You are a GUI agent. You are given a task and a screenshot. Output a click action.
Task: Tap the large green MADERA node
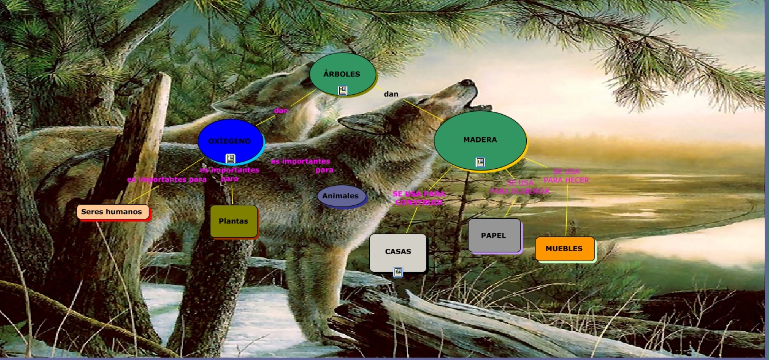(x=480, y=139)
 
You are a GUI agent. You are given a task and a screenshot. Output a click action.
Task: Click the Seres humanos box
(x=112, y=212)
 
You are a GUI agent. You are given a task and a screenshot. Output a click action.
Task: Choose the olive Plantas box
(x=233, y=221)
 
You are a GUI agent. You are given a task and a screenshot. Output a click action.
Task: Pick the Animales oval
(x=341, y=196)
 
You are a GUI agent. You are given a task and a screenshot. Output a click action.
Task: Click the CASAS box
(x=398, y=251)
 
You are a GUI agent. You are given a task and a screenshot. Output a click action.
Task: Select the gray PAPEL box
(x=494, y=235)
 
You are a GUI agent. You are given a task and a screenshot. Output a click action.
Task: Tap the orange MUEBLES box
(x=564, y=248)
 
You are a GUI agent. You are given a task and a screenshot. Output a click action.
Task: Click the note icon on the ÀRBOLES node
(x=343, y=90)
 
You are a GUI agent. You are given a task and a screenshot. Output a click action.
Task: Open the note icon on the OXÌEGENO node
(x=230, y=158)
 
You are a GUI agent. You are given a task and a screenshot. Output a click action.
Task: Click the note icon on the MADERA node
(x=480, y=162)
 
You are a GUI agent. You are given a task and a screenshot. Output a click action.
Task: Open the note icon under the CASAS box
(x=398, y=272)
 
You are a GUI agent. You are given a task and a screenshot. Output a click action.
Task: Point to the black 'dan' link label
(x=391, y=94)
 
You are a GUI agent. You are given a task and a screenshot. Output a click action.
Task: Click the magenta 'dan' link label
(x=281, y=110)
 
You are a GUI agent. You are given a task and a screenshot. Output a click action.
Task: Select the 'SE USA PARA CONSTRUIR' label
(x=419, y=198)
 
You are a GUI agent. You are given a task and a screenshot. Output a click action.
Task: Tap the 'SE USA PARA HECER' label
(x=566, y=176)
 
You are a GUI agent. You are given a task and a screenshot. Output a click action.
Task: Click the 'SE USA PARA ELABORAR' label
(x=520, y=187)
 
